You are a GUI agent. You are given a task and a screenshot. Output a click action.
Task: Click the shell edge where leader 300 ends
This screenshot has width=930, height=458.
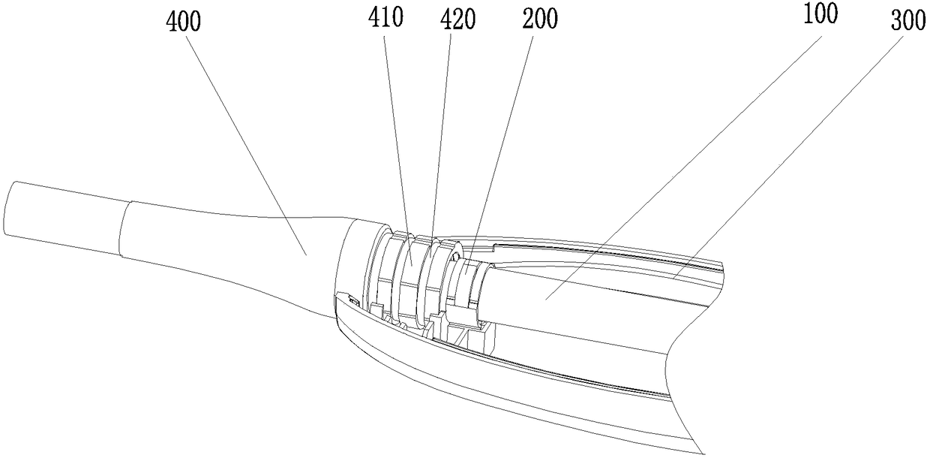[672, 279]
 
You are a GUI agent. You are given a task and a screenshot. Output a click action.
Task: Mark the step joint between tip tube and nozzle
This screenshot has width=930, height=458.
[122, 228]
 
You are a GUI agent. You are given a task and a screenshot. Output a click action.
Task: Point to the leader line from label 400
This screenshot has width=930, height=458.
[247, 143]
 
